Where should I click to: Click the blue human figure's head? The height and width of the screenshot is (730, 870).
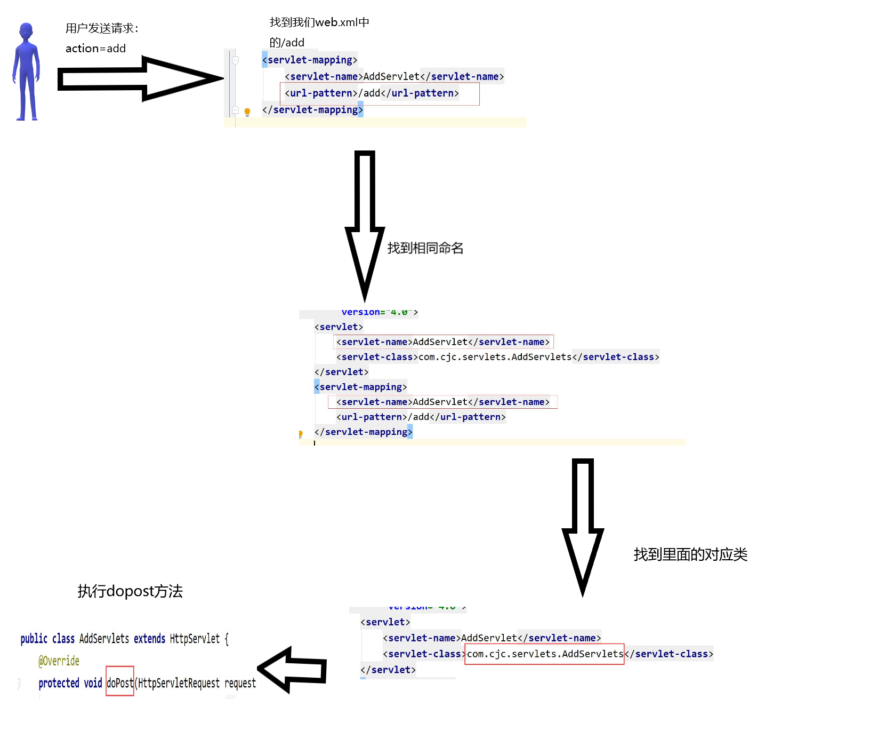click(26, 31)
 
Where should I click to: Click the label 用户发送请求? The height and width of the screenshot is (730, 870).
click(102, 28)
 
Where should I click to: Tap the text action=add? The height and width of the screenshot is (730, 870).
click(95, 49)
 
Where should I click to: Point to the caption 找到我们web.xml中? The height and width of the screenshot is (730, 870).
click(319, 22)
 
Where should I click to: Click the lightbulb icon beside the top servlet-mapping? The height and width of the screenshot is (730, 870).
click(247, 112)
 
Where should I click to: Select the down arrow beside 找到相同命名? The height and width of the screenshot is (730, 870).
click(365, 224)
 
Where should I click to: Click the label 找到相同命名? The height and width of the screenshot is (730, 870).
click(425, 248)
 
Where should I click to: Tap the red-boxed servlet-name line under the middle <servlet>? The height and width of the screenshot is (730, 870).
click(443, 342)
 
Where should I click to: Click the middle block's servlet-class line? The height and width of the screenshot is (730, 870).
click(497, 357)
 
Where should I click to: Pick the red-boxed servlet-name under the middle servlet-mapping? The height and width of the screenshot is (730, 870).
click(443, 402)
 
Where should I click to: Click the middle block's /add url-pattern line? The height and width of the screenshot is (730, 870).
click(421, 417)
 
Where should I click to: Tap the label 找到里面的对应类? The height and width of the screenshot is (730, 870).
click(690, 555)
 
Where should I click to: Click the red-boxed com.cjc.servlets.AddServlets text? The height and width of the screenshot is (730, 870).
click(544, 654)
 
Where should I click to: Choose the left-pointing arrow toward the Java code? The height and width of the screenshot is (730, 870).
click(292, 670)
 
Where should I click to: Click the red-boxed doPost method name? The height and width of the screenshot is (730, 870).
click(120, 683)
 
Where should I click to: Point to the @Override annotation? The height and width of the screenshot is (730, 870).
click(59, 661)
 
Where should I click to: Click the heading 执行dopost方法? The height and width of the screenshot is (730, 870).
click(130, 591)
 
